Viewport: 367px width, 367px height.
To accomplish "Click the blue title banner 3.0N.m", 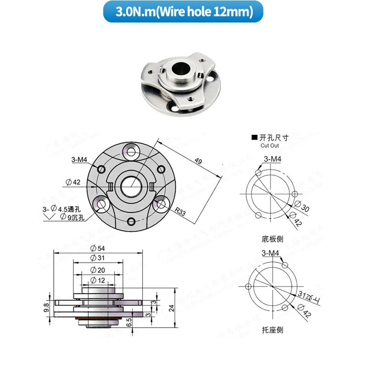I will (183, 11).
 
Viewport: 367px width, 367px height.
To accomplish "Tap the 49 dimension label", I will (198, 161).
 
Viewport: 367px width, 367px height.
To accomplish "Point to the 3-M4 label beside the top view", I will (79, 160).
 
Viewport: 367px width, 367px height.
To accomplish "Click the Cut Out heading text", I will (270, 145).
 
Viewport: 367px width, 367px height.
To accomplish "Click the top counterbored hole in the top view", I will (132, 151).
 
